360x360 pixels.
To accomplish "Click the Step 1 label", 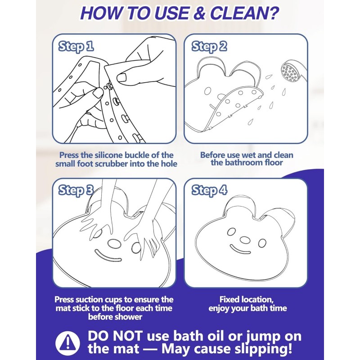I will coord(76,46).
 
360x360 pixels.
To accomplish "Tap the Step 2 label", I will coord(209,46).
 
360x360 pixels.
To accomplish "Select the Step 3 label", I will coord(77,190).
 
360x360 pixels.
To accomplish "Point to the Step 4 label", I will coord(209,190).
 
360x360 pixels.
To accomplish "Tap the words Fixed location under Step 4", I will coord(247,299).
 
